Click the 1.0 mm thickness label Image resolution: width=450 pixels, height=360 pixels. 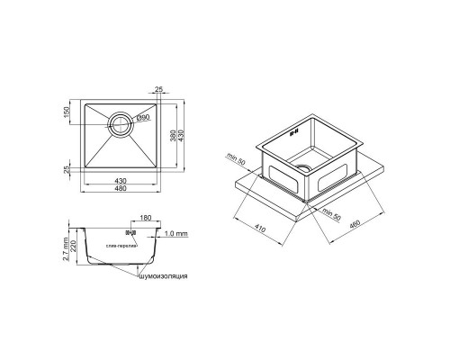click(x=178, y=232)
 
